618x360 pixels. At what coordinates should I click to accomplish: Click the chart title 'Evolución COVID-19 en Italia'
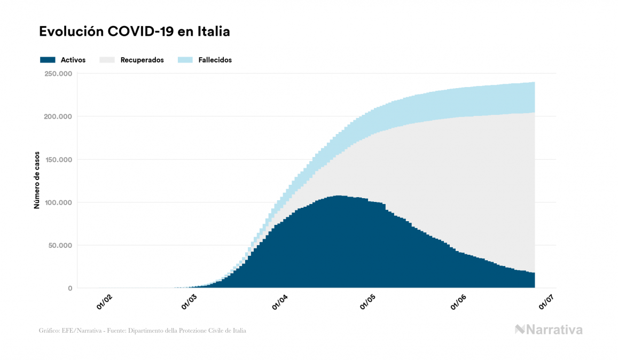pyautogui.click(x=135, y=32)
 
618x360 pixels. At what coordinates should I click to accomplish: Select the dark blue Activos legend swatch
pyautogui.click(x=48, y=60)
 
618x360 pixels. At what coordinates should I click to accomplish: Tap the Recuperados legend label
pyautogui.click(x=142, y=60)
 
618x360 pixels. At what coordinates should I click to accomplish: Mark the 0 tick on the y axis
pyautogui.click(x=69, y=288)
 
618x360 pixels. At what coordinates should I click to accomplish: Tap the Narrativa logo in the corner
pyautogui.click(x=549, y=330)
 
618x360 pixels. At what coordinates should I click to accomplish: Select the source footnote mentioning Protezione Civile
pyautogui.click(x=143, y=331)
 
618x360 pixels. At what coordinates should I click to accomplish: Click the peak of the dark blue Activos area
pyautogui.click(x=338, y=197)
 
